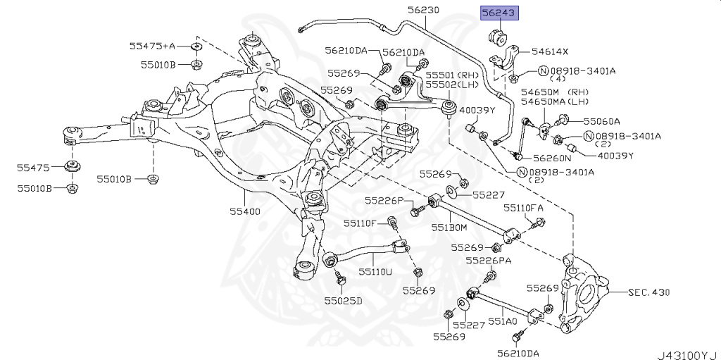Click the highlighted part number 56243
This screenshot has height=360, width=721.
click(x=499, y=13)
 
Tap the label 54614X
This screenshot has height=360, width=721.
click(x=550, y=52)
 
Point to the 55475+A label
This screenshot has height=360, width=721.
click(x=151, y=46)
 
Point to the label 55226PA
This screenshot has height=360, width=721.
click(x=488, y=261)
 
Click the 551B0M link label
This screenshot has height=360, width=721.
click(x=449, y=228)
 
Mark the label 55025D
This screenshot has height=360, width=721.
click(x=343, y=301)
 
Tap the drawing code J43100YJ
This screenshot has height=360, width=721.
click(x=686, y=353)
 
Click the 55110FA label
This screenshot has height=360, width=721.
click(x=523, y=208)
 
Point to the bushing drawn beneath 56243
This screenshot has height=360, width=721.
click(x=498, y=36)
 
